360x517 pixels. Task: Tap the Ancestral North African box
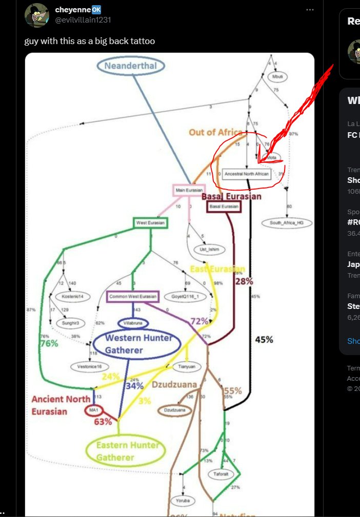[247, 174]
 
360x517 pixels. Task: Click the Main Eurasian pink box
[189, 190]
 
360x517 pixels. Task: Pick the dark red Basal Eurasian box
[223, 206]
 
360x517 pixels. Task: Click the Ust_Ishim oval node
[203, 250]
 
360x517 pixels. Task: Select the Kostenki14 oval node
[69, 297]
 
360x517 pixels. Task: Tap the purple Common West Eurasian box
[133, 297]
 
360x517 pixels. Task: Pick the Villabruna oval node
[133, 323]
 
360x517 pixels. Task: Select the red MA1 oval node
[93, 411]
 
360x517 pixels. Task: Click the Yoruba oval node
[183, 501]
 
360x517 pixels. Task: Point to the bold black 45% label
[265, 340]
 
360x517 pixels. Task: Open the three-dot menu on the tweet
[310, 10]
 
